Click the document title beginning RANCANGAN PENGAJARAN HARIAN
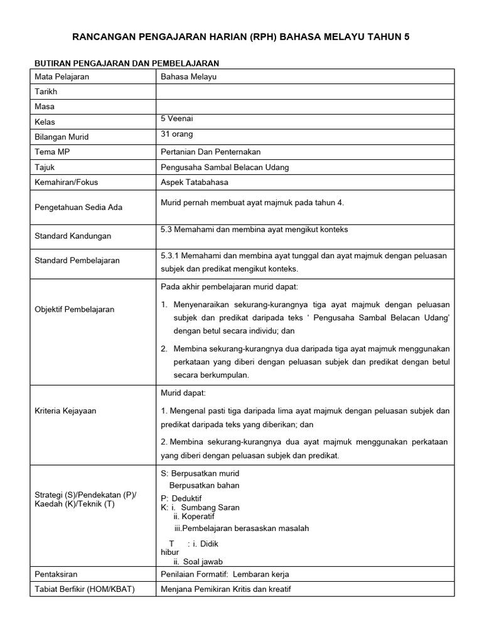coord(240,38)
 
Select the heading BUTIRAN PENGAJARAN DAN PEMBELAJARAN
coord(126,63)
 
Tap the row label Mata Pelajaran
coord(62,76)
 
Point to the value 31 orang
coord(177,134)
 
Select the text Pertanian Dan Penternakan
coord(211,152)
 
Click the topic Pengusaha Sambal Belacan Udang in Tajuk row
coord(225,167)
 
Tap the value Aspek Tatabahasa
coord(195,182)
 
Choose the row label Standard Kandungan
coord(73,236)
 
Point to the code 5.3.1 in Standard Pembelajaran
coord(171,255)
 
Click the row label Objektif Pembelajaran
coord(75,310)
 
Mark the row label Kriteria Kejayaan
coord(65,411)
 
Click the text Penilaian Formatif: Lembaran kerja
coord(225,574)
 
